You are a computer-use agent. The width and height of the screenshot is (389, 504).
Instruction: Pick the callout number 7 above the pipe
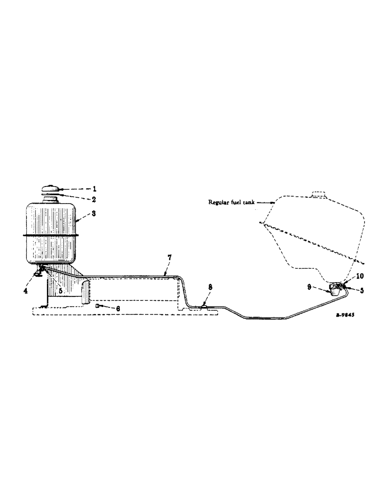[169, 258]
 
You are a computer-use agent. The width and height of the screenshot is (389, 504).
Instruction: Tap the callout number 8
[210, 286]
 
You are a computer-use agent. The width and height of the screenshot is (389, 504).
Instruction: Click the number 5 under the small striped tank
[60, 291]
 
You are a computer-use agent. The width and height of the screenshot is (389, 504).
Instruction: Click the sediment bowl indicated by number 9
[335, 290]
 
